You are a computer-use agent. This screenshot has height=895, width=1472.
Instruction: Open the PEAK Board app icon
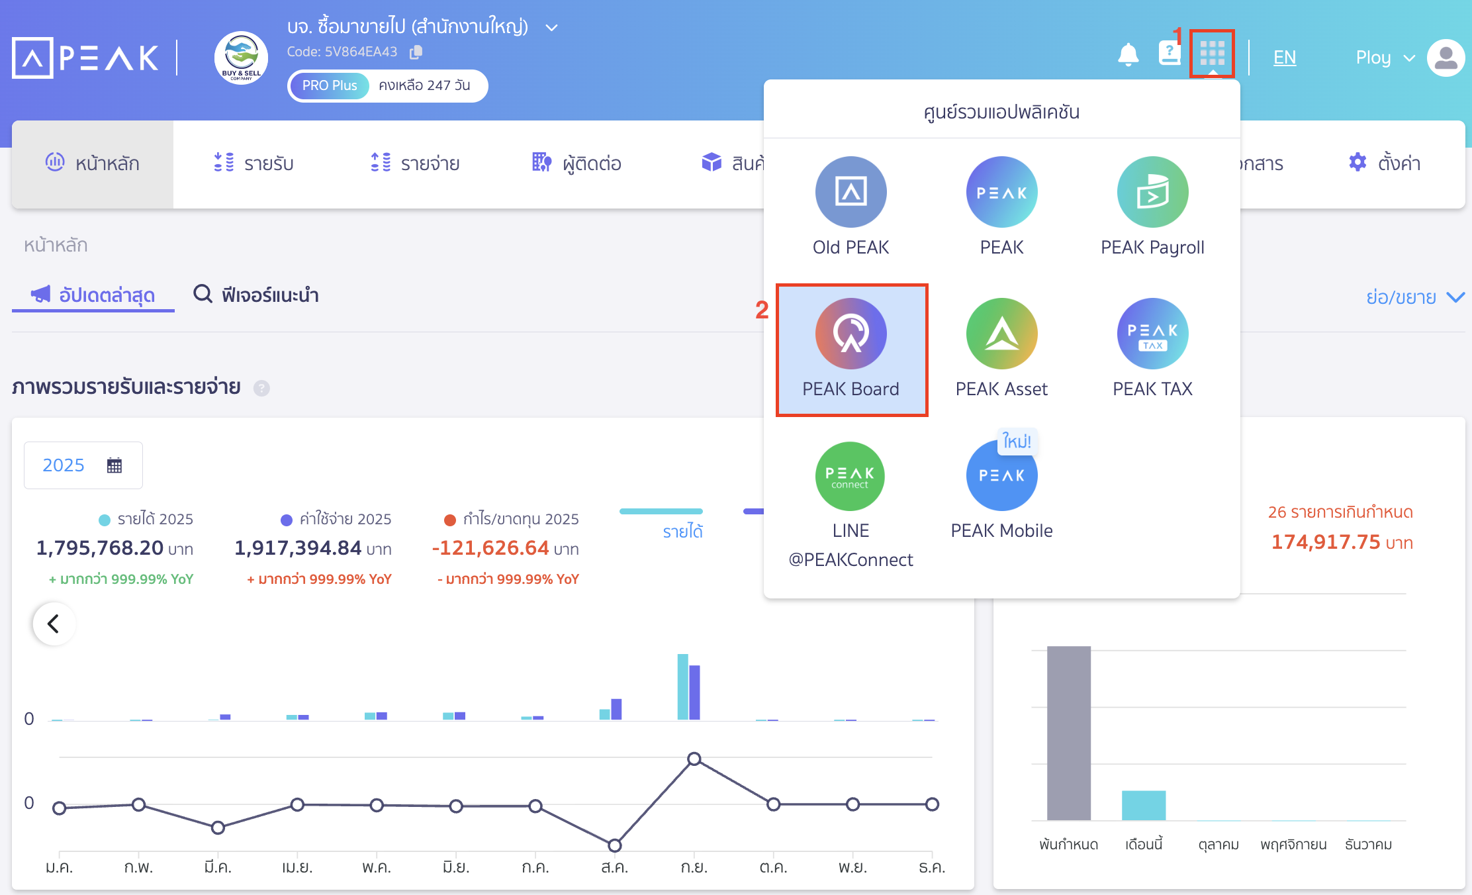[x=851, y=334]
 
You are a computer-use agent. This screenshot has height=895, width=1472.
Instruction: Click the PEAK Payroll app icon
[x=1152, y=192]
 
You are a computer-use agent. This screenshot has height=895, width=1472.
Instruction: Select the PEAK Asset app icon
[x=1001, y=334]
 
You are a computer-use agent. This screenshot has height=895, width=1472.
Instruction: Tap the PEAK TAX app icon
[x=1152, y=334]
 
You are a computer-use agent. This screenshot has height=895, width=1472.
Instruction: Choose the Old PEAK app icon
[x=851, y=192]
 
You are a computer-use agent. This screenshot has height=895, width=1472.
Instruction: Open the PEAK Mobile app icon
[x=1001, y=475]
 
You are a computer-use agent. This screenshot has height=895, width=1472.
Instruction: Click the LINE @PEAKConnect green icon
[x=851, y=475]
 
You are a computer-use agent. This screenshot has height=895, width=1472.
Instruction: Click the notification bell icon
[x=1128, y=54]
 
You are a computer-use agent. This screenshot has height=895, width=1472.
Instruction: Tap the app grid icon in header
[x=1212, y=53]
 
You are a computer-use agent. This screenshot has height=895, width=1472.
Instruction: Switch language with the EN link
[x=1284, y=58]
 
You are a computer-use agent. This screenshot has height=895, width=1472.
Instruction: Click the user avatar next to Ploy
[x=1446, y=58]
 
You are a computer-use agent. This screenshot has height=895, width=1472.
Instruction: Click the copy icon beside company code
[x=416, y=52]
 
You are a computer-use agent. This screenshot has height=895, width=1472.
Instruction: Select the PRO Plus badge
[x=330, y=85]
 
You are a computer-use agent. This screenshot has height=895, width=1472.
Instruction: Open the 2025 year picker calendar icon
[x=115, y=465]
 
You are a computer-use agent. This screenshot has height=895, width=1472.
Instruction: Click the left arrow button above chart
[x=54, y=624]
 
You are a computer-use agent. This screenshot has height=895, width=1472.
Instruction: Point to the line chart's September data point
[x=694, y=759]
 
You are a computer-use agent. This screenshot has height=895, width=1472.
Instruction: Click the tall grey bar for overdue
[x=1068, y=733]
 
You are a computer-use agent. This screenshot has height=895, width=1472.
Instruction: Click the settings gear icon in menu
[x=1357, y=162]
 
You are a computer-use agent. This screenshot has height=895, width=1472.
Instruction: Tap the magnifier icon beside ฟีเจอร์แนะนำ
[x=203, y=293]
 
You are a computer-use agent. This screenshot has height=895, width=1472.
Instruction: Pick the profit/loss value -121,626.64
[x=490, y=548]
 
